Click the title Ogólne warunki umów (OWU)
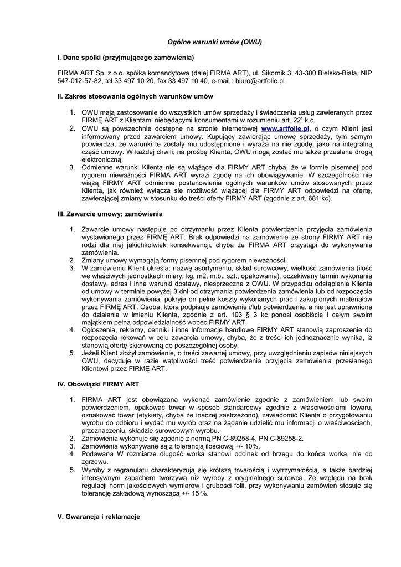(x=214, y=42)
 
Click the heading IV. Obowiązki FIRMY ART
(x=99, y=384)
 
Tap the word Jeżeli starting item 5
(x=92, y=353)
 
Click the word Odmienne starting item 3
(x=99, y=167)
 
